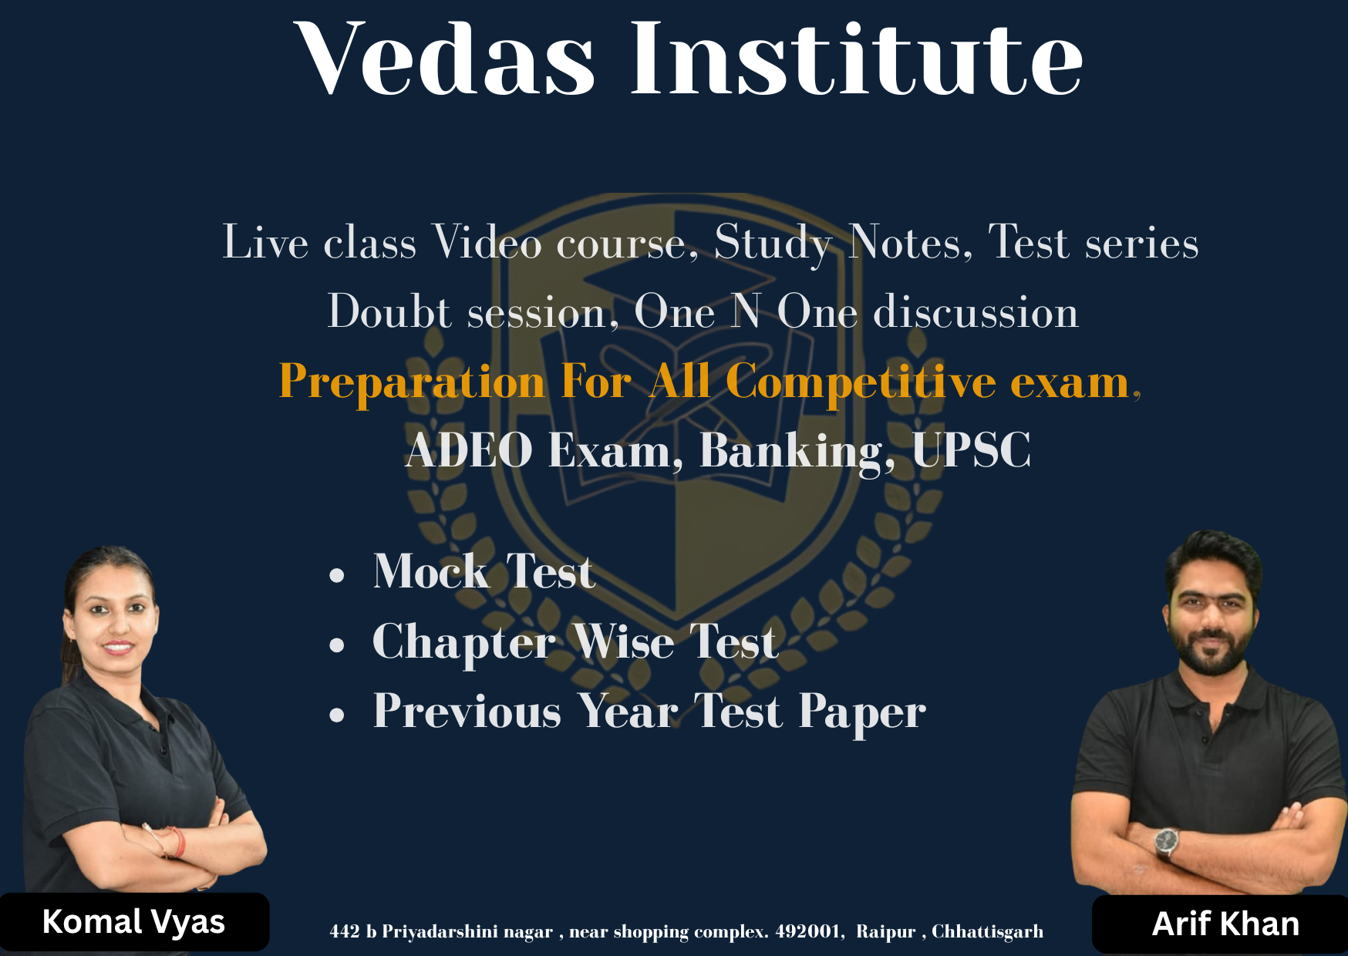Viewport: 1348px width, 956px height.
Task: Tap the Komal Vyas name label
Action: click(133, 922)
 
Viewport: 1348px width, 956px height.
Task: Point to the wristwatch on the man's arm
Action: click(1166, 842)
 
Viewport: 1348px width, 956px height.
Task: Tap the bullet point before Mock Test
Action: click(336, 575)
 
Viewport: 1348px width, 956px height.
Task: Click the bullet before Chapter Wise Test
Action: click(336, 645)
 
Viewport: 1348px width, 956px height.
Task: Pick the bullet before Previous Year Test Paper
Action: click(336, 715)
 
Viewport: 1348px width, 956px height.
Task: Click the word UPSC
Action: click(971, 450)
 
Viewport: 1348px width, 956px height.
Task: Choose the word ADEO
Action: click(469, 450)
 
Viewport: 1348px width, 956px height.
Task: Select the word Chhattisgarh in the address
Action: click(987, 932)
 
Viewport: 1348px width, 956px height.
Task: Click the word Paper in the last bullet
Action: click(862, 712)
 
